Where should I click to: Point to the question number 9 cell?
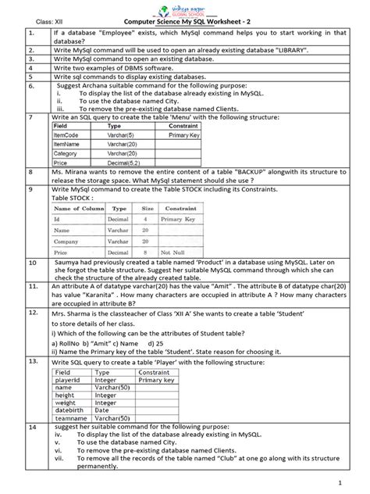tap(29, 189)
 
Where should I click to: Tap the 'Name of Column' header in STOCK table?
tap(78, 209)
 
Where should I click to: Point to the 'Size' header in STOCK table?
tap(147, 209)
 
